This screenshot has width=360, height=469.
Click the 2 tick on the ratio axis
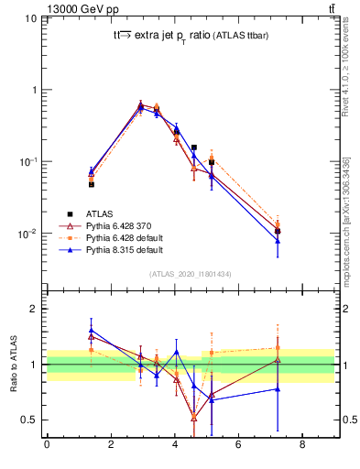click(x=33, y=309)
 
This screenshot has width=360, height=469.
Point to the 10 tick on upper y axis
click(x=30, y=18)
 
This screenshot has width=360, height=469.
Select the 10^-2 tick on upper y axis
click(x=27, y=234)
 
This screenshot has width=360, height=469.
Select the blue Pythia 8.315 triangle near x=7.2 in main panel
click(x=278, y=241)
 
